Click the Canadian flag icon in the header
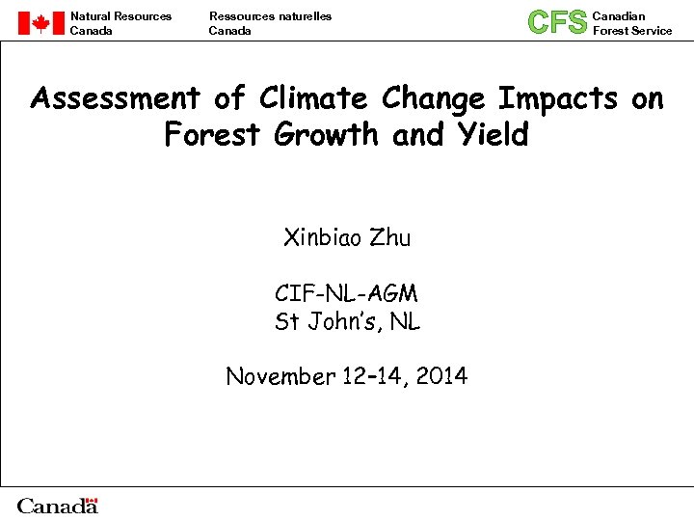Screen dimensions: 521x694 pos(40,23)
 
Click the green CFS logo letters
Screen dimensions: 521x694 pos(557,22)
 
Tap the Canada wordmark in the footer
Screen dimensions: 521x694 pos(58,506)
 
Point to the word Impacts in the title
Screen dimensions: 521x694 pos(558,98)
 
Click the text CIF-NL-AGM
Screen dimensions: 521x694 pos(346,293)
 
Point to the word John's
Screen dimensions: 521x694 pos(345,321)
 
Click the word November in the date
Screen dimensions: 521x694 pos(280,376)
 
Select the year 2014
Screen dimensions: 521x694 pos(443,376)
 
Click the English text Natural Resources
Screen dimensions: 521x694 pos(120,15)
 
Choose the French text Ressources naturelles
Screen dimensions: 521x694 pos(270,15)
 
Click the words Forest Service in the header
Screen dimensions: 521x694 pos(632,31)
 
